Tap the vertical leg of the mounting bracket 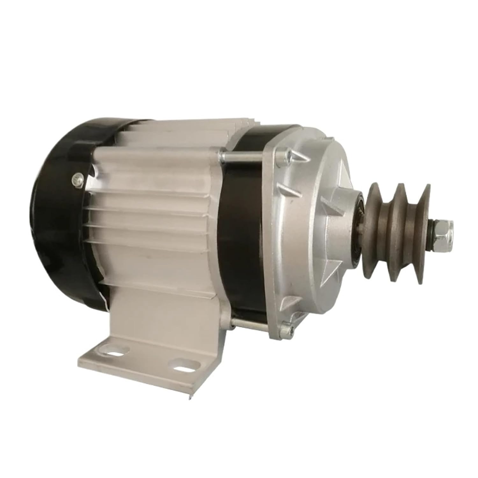(x=166, y=319)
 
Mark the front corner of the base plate (x=190, y=395)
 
